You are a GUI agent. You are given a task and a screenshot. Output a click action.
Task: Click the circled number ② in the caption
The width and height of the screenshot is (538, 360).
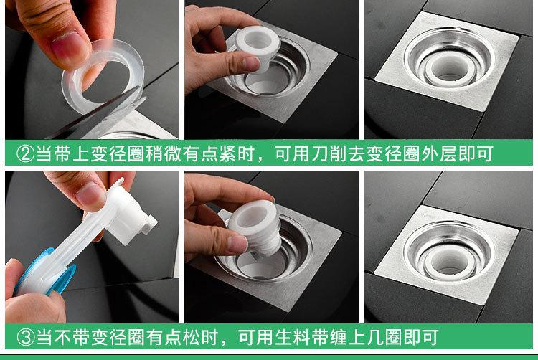pos(25,154)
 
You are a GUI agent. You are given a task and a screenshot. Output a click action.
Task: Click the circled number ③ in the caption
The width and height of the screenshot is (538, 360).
pos(26,337)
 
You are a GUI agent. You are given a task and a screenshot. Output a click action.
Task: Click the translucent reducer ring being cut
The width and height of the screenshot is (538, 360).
pos(103,77)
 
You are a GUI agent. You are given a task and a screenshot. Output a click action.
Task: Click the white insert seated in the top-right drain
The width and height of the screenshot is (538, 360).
pos(447,68)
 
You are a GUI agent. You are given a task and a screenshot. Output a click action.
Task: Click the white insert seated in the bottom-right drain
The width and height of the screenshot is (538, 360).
pos(447,260)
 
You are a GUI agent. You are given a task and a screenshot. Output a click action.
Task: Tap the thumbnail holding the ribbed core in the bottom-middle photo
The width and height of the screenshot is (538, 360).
pos(237,243)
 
